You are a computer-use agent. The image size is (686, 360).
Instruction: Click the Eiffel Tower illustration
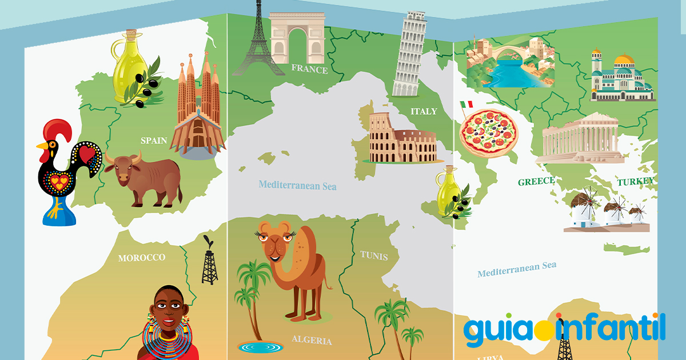coord(257,43)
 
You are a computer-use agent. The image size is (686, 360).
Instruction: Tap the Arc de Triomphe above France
coord(297,37)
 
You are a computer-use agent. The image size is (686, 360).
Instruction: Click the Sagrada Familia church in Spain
coord(198,109)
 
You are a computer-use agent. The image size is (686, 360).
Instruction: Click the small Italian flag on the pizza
coord(466,105)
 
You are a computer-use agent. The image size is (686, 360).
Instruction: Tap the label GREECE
coord(536,182)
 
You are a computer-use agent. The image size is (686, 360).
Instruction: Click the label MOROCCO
coord(141,258)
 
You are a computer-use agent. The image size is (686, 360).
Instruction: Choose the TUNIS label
coord(374,255)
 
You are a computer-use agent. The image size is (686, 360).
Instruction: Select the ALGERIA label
coord(312,340)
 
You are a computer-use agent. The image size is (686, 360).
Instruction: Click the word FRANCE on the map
coord(309,69)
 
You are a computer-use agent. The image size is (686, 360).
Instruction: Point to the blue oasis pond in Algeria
coord(260,346)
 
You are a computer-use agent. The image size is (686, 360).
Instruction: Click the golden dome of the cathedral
coord(624,60)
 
